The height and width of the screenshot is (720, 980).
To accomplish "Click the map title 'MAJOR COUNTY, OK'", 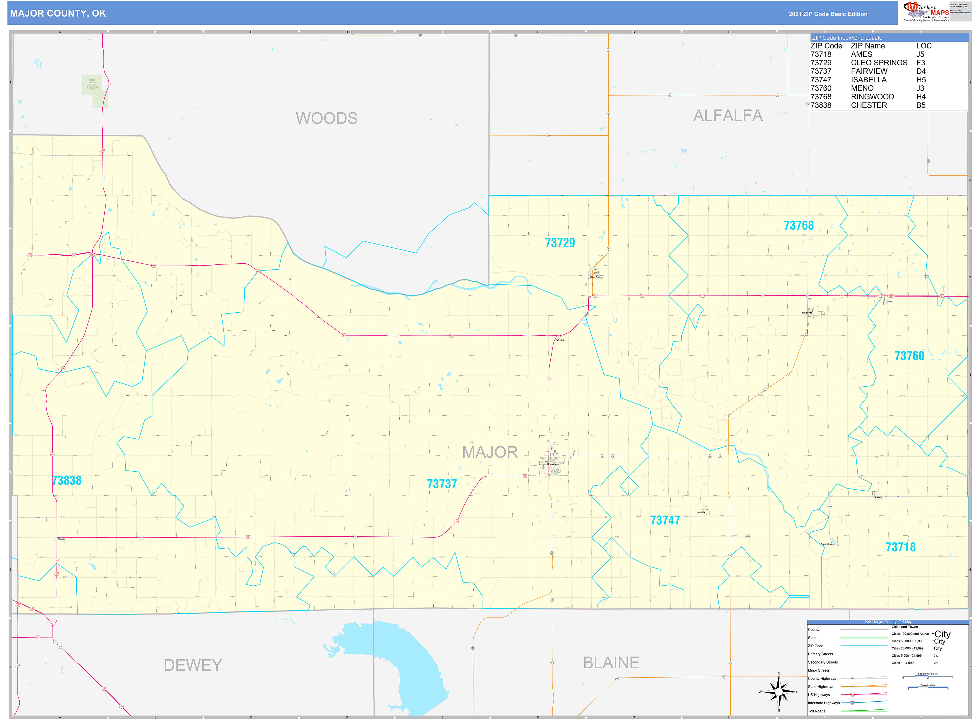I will pyautogui.click(x=58, y=14).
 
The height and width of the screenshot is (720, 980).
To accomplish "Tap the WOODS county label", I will pyautogui.click(x=327, y=118).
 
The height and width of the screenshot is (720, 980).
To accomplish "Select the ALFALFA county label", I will pyautogui.click(x=728, y=115).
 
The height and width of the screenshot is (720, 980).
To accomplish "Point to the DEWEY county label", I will pyautogui.click(x=193, y=665).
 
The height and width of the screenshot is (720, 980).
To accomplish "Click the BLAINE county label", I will pyautogui.click(x=611, y=662).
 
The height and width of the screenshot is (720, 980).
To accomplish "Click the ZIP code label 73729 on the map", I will pyautogui.click(x=560, y=243).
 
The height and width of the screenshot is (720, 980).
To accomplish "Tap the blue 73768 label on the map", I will pyautogui.click(x=798, y=225).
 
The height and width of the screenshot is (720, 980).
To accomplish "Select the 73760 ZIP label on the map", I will pyautogui.click(x=909, y=356).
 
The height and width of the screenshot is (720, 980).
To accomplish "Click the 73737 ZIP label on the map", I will pyautogui.click(x=442, y=484).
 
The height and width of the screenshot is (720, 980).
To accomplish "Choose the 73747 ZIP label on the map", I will pyautogui.click(x=665, y=520).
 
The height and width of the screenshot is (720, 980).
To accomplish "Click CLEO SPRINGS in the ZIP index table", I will pyautogui.click(x=879, y=63).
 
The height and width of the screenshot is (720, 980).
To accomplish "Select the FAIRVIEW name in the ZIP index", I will pyautogui.click(x=869, y=71).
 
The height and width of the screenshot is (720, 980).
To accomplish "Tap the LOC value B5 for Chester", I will pyautogui.click(x=920, y=105).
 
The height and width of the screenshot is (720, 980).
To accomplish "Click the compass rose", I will pyautogui.click(x=779, y=692).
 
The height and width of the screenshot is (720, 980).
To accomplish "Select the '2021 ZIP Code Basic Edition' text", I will pyautogui.click(x=828, y=14).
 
